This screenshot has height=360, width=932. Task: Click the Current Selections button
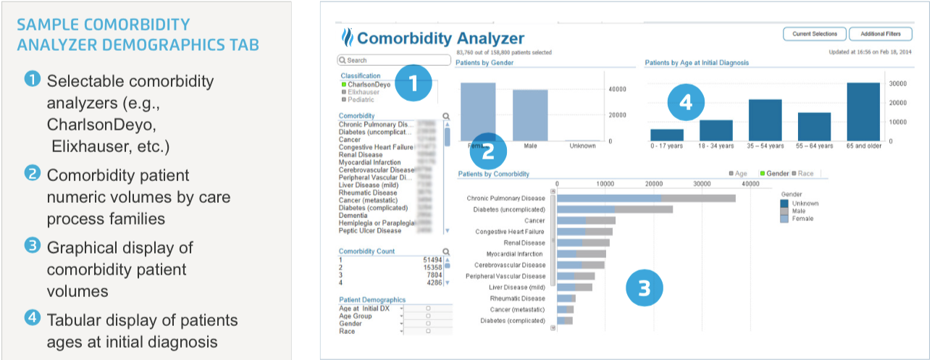[x=814, y=34]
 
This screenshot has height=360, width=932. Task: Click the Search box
[x=395, y=60]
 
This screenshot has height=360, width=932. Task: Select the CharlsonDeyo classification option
[x=369, y=85]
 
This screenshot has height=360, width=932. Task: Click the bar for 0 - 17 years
[x=667, y=135]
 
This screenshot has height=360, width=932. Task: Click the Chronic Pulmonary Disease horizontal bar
[x=645, y=198]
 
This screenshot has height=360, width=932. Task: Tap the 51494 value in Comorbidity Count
[x=433, y=259]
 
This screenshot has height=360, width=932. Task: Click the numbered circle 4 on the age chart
[x=685, y=103]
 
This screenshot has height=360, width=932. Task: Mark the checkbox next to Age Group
[x=428, y=317]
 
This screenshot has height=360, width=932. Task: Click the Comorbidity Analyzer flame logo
[x=346, y=38]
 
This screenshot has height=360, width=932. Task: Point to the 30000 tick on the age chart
[x=899, y=83]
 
